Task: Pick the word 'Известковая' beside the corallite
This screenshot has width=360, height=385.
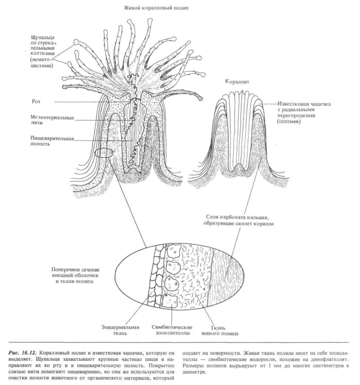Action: point(292,104)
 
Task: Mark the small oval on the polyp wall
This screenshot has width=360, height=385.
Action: point(104,153)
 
